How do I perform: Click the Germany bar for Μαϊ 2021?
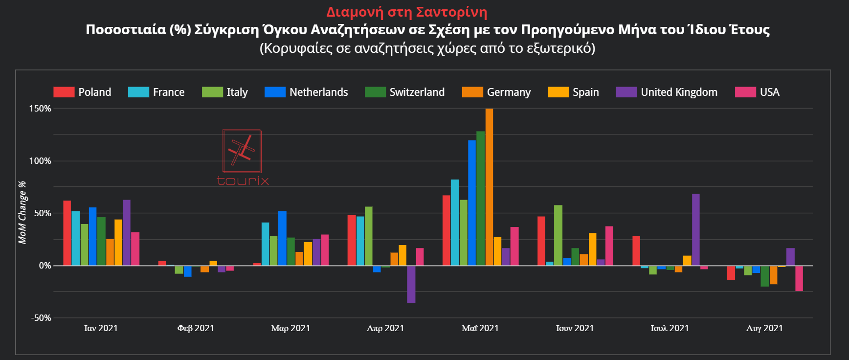pyautogui.click(x=489, y=187)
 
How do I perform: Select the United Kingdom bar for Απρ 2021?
pyautogui.click(x=411, y=284)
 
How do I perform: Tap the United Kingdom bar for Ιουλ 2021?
pyautogui.click(x=695, y=229)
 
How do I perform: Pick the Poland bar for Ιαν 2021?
pyautogui.click(x=67, y=233)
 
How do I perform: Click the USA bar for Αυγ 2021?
pyautogui.click(x=799, y=278)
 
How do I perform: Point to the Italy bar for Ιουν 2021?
pyautogui.click(x=558, y=235)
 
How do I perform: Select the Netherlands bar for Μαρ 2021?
pyautogui.click(x=282, y=238)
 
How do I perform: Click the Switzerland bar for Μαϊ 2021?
pyautogui.click(x=480, y=198)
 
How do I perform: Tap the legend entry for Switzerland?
pyautogui.click(x=405, y=92)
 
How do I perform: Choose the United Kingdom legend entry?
pyautogui.click(x=667, y=92)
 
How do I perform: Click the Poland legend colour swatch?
pyautogui.click(x=64, y=92)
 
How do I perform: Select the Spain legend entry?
pyautogui.click(x=574, y=92)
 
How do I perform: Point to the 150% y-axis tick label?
pyautogui.click(x=40, y=109)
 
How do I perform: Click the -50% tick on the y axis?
pyautogui.click(x=41, y=318)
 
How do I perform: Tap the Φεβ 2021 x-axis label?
pyautogui.click(x=196, y=328)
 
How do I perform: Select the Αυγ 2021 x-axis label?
pyautogui.click(x=764, y=328)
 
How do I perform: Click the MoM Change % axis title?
pyautogui.click(x=22, y=212)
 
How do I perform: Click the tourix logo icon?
pyautogui.click(x=242, y=151)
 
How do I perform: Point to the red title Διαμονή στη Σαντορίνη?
pyautogui.click(x=407, y=12)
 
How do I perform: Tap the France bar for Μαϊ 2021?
pyautogui.click(x=455, y=223)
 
